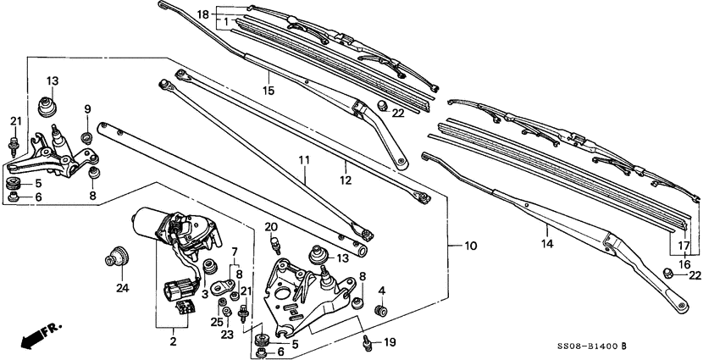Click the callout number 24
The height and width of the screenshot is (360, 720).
point(122,288)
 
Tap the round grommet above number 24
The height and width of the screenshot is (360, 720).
point(116,254)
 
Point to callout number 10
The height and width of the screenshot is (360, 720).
point(470,246)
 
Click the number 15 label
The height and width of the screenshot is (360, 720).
point(268,90)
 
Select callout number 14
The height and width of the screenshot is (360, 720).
point(547,244)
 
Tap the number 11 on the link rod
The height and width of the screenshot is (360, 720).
point(302,159)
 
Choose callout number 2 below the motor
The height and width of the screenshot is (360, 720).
point(173,341)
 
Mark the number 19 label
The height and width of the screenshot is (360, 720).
point(389,342)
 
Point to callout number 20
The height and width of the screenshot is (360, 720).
point(271,226)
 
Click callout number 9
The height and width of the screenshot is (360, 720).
point(86,108)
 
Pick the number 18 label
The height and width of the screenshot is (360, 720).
point(202,14)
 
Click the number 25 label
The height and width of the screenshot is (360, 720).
point(217,322)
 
